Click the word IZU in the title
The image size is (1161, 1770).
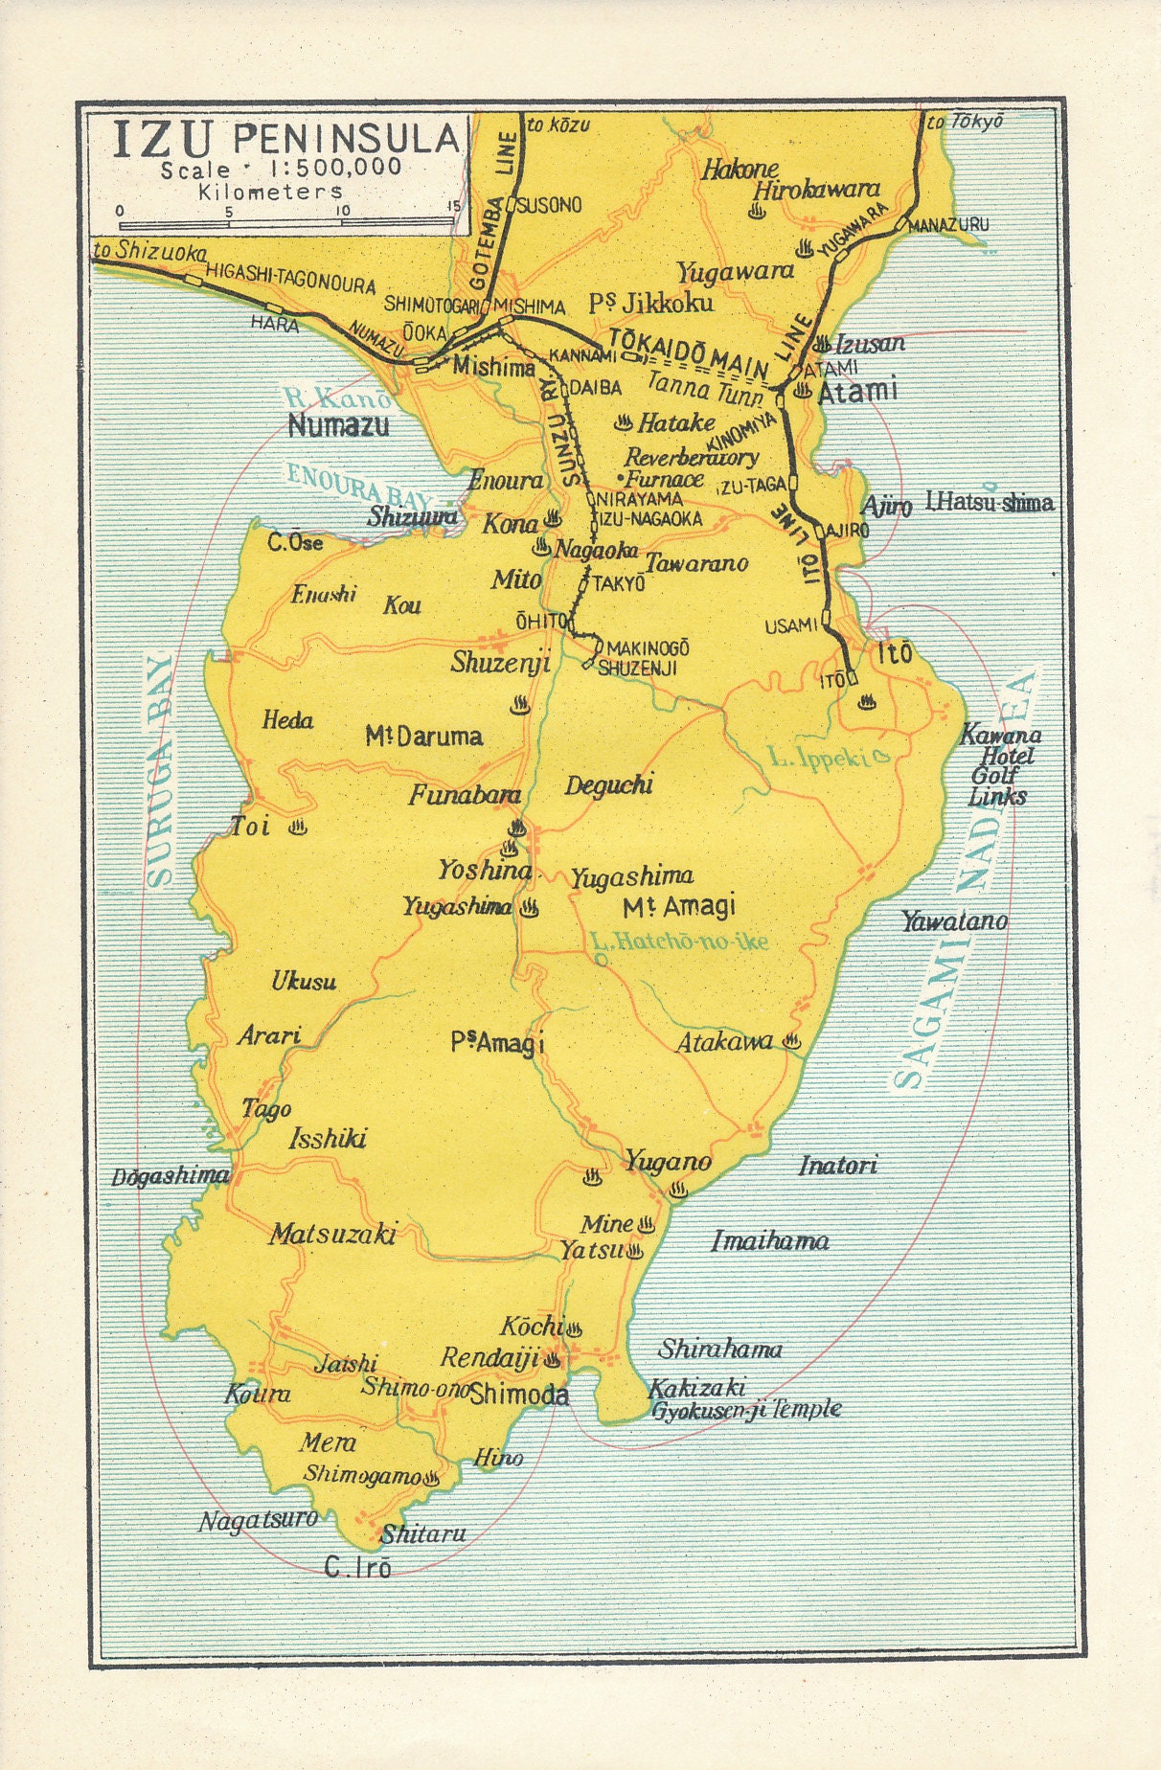tap(163, 140)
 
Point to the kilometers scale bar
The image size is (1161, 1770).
tap(286, 223)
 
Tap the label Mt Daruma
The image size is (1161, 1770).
tap(423, 737)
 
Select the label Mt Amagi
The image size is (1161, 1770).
tap(679, 906)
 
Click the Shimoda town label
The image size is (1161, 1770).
tap(519, 1395)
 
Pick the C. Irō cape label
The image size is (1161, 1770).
tap(357, 1568)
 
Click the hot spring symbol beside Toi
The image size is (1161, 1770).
tap(298, 826)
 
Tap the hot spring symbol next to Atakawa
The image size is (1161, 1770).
tap(792, 1041)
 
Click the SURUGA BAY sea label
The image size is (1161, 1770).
tap(161, 771)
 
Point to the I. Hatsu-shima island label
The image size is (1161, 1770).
tap(989, 502)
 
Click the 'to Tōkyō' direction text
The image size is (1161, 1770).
tap(965, 122)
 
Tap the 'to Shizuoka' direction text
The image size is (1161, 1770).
tap(150, 252)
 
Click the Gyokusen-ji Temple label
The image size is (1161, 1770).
tap(746, 1410)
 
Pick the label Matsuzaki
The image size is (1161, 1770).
tap(332, 1234)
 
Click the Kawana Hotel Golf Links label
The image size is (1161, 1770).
tap(1000, 765)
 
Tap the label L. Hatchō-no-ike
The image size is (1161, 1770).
tap(679, 942)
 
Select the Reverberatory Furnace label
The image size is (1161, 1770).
tap(691, 467)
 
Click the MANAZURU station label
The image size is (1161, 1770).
tap(948, 224)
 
